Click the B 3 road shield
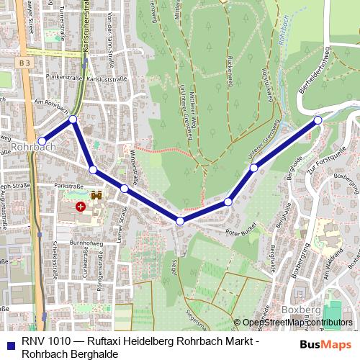click(x=26, y=63)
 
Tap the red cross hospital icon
click(x=81, y=207)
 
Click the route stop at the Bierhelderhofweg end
click(x=318, y=120)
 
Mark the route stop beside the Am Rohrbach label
click(x=73, y=120)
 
